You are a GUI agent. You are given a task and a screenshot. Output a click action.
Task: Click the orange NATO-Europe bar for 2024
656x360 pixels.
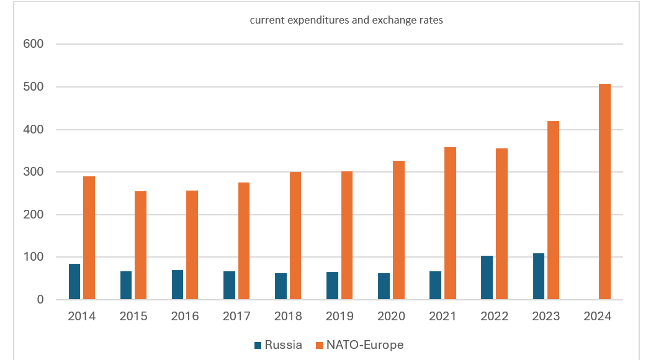point(605,192)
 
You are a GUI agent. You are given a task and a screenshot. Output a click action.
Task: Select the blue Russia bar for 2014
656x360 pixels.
point(74,282)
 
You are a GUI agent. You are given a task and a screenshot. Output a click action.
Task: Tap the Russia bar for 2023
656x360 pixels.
point(539,277)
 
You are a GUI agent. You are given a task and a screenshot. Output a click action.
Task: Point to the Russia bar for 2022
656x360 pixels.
point(487,277)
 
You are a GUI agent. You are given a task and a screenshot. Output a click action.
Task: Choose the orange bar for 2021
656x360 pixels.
point(450,223)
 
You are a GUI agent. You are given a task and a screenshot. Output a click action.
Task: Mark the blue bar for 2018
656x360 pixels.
point(281,286)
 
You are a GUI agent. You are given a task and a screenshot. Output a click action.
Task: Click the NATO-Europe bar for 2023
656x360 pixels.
point(553,210)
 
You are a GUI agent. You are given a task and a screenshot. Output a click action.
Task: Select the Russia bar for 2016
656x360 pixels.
point(177,285)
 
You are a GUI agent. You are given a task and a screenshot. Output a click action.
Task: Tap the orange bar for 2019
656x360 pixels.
point(347,235)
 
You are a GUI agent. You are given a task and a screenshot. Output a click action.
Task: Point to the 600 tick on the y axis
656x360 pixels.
point(34,44)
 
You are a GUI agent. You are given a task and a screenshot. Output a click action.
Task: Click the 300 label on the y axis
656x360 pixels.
point(34,172)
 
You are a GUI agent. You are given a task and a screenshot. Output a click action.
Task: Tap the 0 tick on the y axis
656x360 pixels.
point(40,300)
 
